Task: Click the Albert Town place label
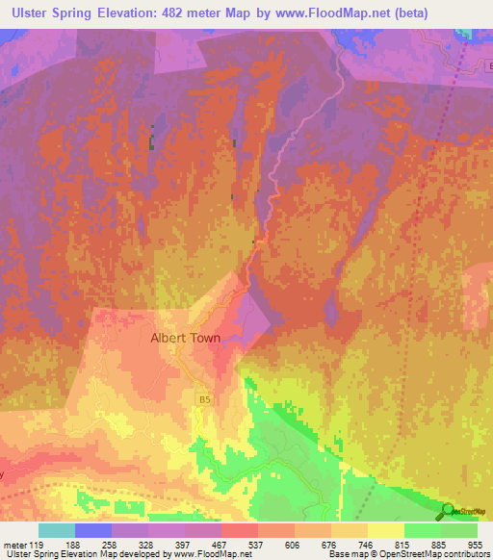pos(185,339)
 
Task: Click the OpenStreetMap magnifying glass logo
pos(448,512)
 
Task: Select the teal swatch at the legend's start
pos(57,530)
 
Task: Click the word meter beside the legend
pos(14,545)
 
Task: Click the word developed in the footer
pos(142,554)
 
